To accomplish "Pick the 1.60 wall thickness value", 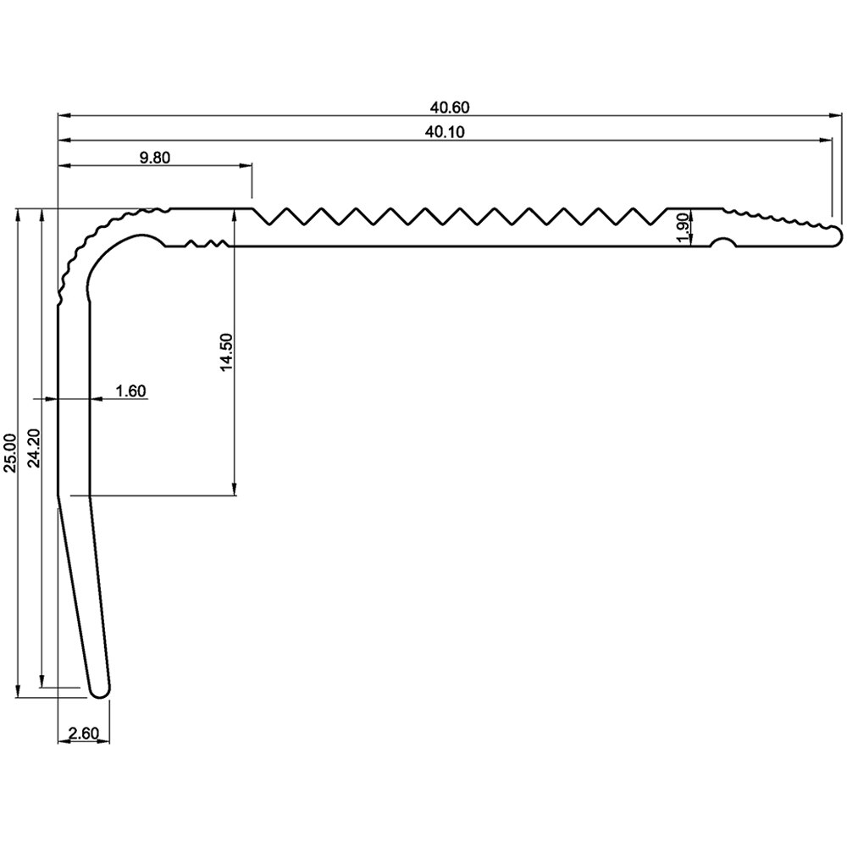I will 131,390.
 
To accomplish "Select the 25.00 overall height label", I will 10,453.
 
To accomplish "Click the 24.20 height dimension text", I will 33,453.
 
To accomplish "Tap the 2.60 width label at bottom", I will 83,733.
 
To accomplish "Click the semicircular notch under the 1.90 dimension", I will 722,244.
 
